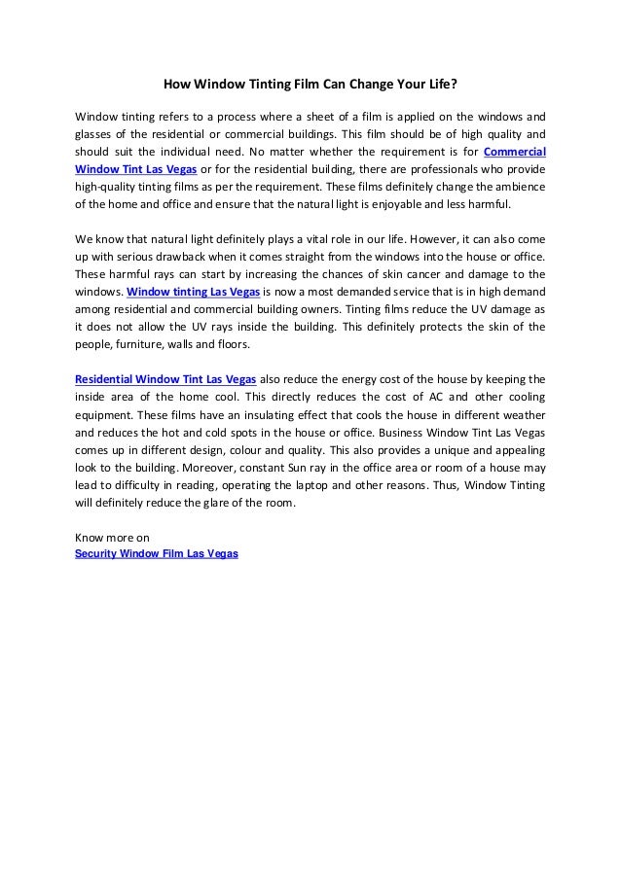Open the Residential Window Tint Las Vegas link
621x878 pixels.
coord(164,378)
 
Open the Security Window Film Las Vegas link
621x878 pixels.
coord(157,553)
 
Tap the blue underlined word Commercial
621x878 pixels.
coord(514,151)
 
